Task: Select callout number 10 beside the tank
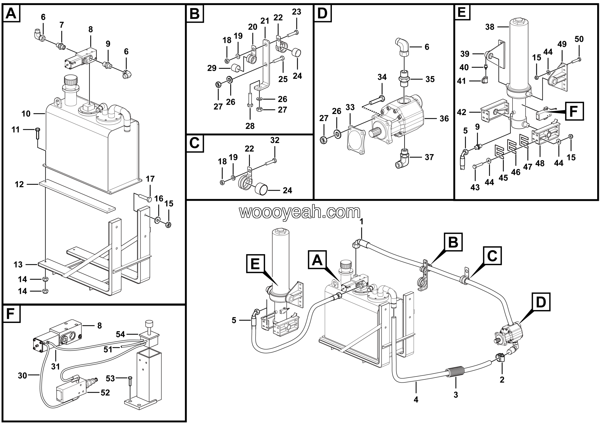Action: tap(26, 114)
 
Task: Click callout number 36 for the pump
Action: tap(444, 119)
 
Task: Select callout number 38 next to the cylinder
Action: tap(490, 27)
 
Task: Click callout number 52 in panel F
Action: tap(105, 393)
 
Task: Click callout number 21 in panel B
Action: tap(265, 21)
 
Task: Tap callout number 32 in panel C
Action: tap(275, 140)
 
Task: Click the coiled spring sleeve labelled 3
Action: tap(455, 372)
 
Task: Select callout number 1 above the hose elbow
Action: tap(361, 222)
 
